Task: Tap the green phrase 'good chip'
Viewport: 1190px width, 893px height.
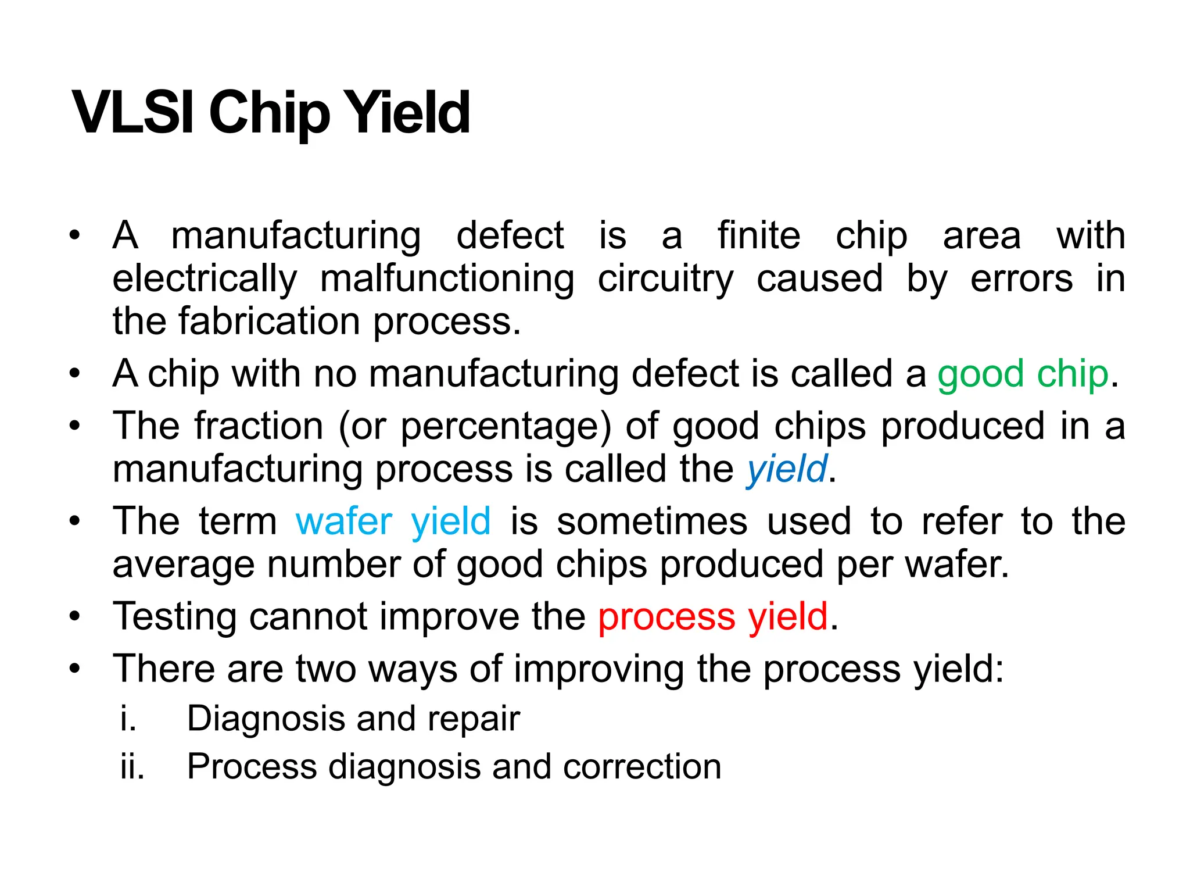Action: pyautogui.click(x=1023, y=374)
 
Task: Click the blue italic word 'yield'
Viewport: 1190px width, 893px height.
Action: pyautogui.click(x=787, y=469)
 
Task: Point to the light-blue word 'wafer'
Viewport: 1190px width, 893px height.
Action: pyautogui.click(x=344, y=521)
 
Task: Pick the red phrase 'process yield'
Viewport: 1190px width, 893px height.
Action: pyautogui.click(x=713, y=616)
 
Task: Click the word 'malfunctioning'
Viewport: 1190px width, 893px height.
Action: pyautogui.click(x=447, y=279)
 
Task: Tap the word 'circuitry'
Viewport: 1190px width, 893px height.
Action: pyautogui.click(x=666, y=279)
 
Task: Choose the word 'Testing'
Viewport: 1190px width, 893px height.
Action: pyautogui.click(x=175, y=616)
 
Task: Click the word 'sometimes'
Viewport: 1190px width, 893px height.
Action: pyautogui.click(x=652, y=521)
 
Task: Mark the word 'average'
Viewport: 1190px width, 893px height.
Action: pyautogui.click(x=184, y=565)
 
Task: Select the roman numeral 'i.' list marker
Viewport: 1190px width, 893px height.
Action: pyautogui.click(x=128, y=719)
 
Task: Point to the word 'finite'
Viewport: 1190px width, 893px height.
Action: pyautogui.click(x=759, y=236)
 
